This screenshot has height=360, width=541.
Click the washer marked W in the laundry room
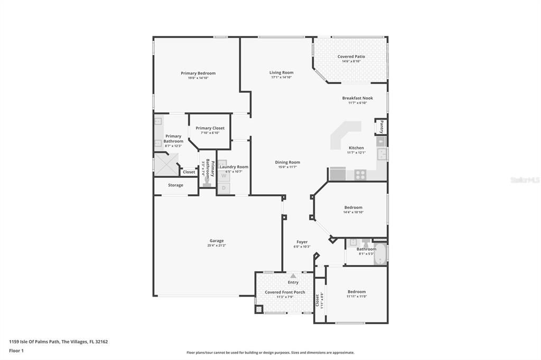click(223, 176)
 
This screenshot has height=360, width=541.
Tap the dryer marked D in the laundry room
click(223, 188)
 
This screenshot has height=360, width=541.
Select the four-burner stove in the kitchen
click(361, 174)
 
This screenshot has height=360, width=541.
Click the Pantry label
click(381, 127)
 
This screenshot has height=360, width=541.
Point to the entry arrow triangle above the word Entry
click(293, 276)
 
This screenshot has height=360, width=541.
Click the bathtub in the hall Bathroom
click(380, 254)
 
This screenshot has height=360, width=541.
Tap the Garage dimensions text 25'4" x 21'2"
click(217, 245)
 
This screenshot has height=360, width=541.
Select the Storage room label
click(176, 185)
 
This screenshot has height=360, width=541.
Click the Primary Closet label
click(210, 128)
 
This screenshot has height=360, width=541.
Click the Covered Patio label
click(351, 56)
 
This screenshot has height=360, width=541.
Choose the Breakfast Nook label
click(357, 98)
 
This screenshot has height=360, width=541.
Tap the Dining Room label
click(287, 163)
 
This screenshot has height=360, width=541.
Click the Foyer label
click(302, 242)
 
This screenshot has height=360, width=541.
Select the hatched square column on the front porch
click(258, 309)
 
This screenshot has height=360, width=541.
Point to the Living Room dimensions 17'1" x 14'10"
click(281, 78)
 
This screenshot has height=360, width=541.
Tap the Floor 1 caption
click(16, 350)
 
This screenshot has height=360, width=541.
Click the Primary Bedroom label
click(198, 73)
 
